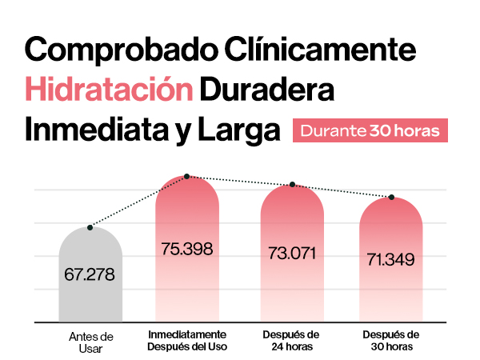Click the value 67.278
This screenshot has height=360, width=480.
[90, 274]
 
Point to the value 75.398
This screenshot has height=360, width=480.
[186, 249]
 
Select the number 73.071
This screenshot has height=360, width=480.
[292, 254]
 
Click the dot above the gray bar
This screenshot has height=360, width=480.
[90, 228]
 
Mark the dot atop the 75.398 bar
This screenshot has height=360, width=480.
[186, 176]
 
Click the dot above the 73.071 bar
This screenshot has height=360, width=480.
[293, 185]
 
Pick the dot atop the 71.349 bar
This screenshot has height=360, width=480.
[392, 197]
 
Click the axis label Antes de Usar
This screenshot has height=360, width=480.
[90, 341]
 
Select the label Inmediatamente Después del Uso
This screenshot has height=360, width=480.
[187, 340]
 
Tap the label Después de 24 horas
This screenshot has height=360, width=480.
[292, 340]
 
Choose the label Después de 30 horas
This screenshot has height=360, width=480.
[391, 340]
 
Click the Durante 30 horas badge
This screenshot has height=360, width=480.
[369, 130]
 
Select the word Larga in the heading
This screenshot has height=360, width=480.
[242, 129]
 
